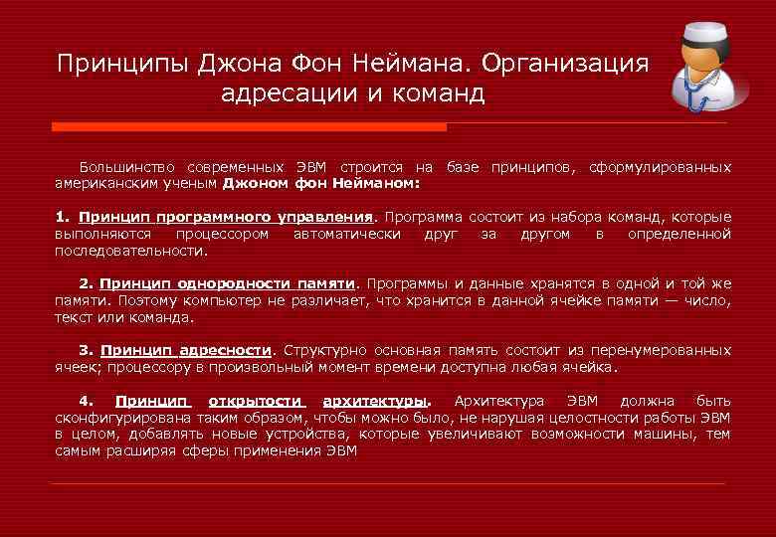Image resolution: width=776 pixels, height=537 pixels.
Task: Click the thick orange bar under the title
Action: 249,127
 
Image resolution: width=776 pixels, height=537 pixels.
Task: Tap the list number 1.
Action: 62,217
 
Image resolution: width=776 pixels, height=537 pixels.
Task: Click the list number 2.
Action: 86,283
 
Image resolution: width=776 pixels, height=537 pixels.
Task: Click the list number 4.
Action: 86,401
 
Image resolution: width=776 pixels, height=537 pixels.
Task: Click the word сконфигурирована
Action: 114,418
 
